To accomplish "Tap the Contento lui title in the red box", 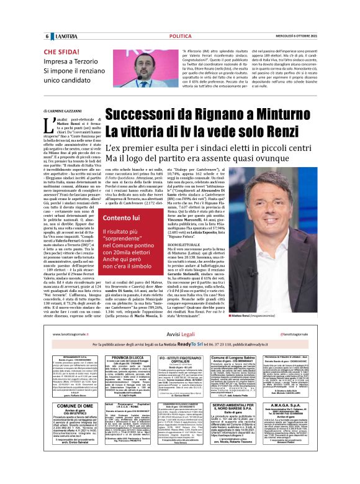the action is (x=124, y=218).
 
